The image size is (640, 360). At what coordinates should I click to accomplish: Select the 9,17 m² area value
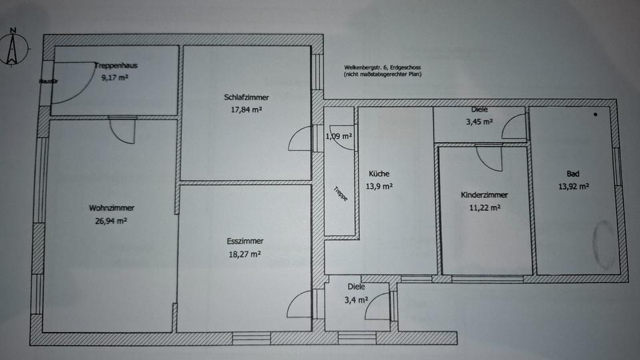click(x=114, y=77)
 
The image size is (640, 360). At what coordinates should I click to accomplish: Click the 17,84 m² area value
click(x=246, y=109)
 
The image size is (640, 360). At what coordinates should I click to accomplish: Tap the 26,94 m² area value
click(x=111, y=220)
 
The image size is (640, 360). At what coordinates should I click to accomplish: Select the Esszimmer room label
click(x=245, y=241)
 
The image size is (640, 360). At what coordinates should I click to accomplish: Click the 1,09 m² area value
click(x=339, y=137)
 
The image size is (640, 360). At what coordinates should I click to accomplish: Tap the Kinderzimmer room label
click(x=485, y=195)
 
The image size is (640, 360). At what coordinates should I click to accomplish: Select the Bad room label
click(x=573, y=174)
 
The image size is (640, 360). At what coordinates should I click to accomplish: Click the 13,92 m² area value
click(x=573, y=187)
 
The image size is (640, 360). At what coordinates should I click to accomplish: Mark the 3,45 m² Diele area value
click(x=479, y=122)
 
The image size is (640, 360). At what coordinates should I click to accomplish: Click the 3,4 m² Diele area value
click(x=356, y=300)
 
